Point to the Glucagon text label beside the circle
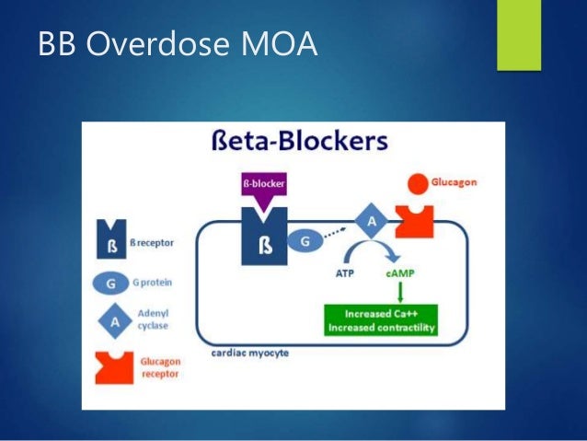455,183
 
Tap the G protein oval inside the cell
306,241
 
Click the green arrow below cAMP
401,291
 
